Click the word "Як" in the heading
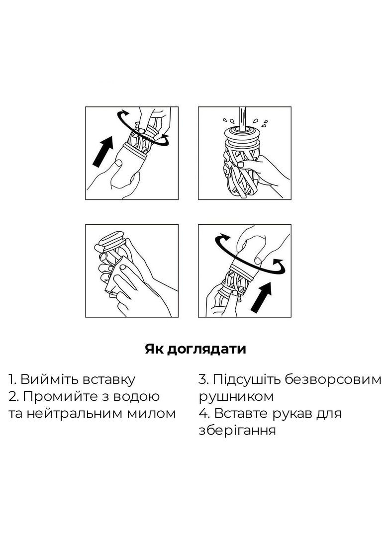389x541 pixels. [x=153, y=349]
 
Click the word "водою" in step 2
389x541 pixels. [x=138, y=397]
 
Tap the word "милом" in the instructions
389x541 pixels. [x=151, y=413]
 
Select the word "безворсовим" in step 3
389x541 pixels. [x=334, y=379]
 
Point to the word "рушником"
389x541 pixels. [x=236, y=397]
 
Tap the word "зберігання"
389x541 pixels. [x=237, y=431]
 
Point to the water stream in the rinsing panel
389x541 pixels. [x=243, y=118]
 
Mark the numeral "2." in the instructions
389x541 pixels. [x=13, y=396]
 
